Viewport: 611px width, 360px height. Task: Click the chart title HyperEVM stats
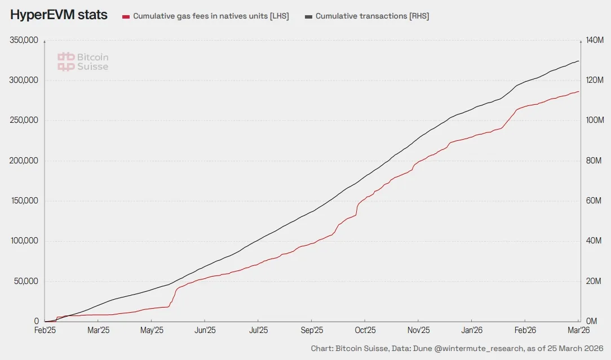pos(59,15)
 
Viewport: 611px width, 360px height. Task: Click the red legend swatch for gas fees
pos(126,17)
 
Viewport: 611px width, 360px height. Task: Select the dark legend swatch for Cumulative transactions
pos(308,17)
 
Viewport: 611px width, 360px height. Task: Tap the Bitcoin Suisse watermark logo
pos(83,62)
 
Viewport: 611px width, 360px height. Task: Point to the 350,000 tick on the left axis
pos(24,41)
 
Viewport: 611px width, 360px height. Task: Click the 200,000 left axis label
pos(24,161)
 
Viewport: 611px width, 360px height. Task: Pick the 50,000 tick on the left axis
pos(25,281)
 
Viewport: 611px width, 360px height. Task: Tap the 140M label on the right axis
pos(595,41)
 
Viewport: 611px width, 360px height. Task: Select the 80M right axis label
pos(594,161)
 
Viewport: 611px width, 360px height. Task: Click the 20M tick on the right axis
pos(594,281)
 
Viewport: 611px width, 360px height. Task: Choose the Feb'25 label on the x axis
pos(45,330)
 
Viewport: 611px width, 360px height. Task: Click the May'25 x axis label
pos(151,330)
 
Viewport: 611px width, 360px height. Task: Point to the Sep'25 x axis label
pos(311,330)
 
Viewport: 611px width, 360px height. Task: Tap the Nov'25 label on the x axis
pos(418,330)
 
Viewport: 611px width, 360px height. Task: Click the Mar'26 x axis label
pos(577,330)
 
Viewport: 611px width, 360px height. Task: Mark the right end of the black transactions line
pos(579,61)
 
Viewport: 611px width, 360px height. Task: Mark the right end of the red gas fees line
pos(579,91)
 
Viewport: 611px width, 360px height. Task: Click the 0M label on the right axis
pos(592,321)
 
